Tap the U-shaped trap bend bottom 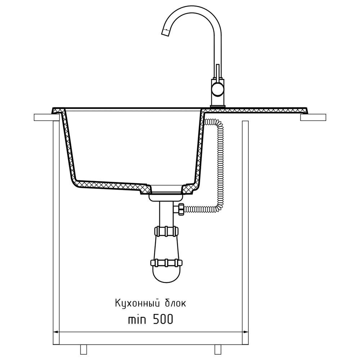(166, 277)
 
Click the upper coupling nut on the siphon (166, 231)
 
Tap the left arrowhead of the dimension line (55, 332)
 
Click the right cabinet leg (217, 349)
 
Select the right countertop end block (313, 117)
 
